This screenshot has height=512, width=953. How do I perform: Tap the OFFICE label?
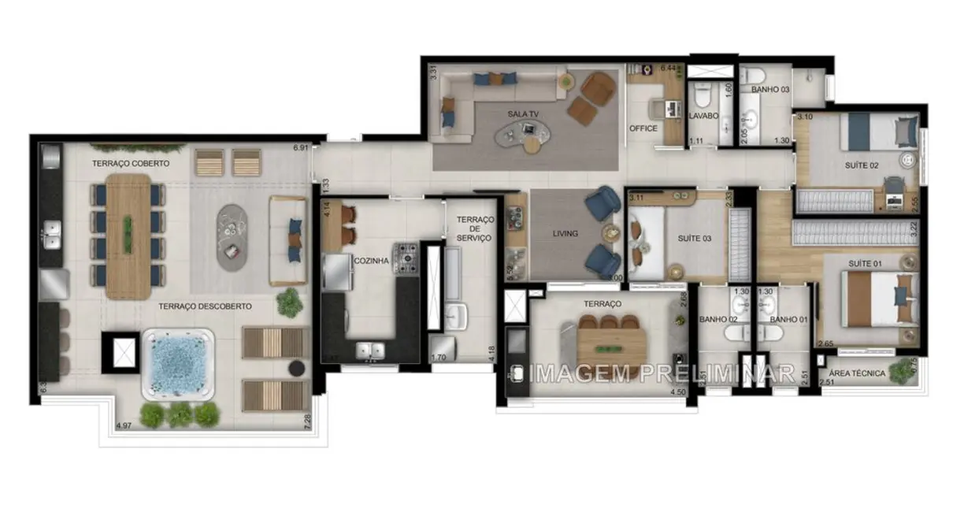tap(643, 128)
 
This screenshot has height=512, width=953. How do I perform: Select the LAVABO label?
tap(703, 116)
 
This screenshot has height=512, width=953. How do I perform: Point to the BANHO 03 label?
tap(769, 90)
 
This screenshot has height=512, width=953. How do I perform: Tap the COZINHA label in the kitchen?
tap(371, 261)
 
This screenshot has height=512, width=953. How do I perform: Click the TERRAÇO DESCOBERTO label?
tap(205, 306)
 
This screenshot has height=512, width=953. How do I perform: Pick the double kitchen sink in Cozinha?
tap(368, 348)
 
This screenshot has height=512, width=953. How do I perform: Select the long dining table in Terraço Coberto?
tap(128, 236)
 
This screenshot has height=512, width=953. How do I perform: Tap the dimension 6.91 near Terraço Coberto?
tap(299, 147)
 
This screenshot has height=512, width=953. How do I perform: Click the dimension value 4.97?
tap(124, 426)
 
